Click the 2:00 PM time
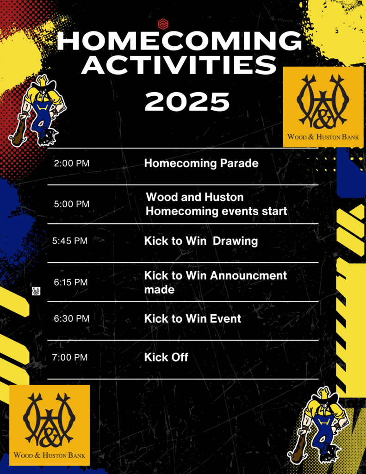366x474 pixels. tap(72, 163)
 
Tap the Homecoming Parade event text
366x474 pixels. tap(201, 163)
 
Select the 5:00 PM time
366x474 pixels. tap(72, 204)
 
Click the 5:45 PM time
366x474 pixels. tap(70, 241)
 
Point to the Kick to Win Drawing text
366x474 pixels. tap(201, 241)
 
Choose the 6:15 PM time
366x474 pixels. tap(71, 282)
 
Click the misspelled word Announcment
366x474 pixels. tap(248, 276)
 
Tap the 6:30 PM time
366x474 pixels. tap(72, 318)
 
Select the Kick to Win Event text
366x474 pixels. tap(192, 318)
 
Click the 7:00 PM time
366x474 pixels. tap(70, 357)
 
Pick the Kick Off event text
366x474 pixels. tap(166, 357)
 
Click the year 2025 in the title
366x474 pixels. tap(187, 101)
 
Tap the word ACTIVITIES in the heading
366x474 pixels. tap(179, 65)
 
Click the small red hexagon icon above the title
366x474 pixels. tap(163, 24)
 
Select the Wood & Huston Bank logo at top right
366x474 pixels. tap(323, 107)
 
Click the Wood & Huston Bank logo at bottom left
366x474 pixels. tap(50, 425)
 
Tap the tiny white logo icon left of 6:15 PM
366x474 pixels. tap(36, 292)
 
